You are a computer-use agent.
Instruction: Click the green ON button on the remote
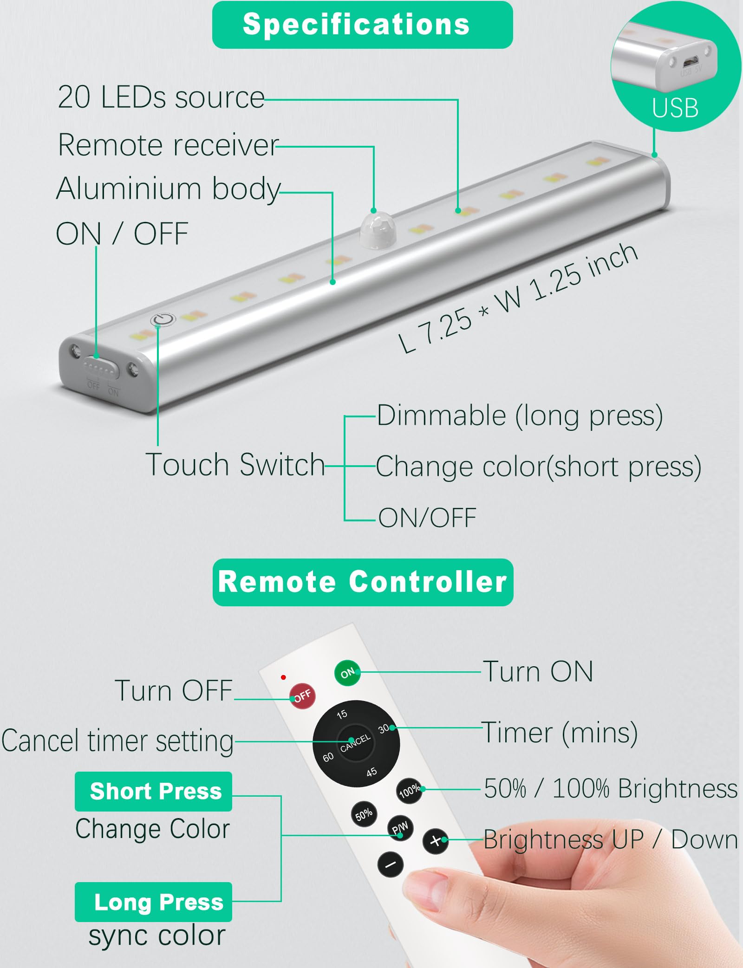tap(347, 673)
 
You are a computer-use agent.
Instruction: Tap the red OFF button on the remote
tap(302, 695)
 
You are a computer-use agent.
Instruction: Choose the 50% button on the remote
tap(364, 814)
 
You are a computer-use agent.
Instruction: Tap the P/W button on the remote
tap(400, 827)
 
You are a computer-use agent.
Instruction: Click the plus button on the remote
tap(435, 840)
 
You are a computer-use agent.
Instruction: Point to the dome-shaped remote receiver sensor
tap(378, 229)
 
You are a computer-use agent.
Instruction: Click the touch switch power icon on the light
tap(163, 319)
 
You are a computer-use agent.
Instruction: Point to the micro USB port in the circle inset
tap(691, 61)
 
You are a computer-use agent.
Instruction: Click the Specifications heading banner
tap(362, 25)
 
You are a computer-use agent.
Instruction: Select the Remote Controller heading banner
tap(363, 582)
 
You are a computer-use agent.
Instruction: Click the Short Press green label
tap(154, 791)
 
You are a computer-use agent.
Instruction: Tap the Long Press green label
tap(154, 902)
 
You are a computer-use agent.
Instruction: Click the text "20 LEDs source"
tap(161, 97)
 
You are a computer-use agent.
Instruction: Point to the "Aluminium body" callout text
tap(168, 189)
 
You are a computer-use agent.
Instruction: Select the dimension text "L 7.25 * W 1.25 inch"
tap(518, 297)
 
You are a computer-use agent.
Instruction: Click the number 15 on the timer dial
tap(342, 714)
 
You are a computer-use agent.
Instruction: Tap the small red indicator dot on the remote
tap(283, 677)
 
